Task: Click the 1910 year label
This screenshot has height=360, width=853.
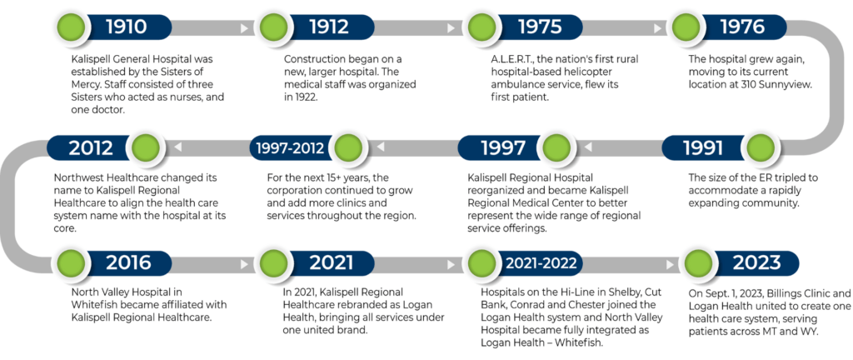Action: [x=126, y=27]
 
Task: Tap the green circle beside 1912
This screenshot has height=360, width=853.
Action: [x=271, y=27]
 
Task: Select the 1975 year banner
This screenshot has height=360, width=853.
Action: [x=539, y=27]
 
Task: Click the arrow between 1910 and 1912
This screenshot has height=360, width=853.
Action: [x=244, y=28]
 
